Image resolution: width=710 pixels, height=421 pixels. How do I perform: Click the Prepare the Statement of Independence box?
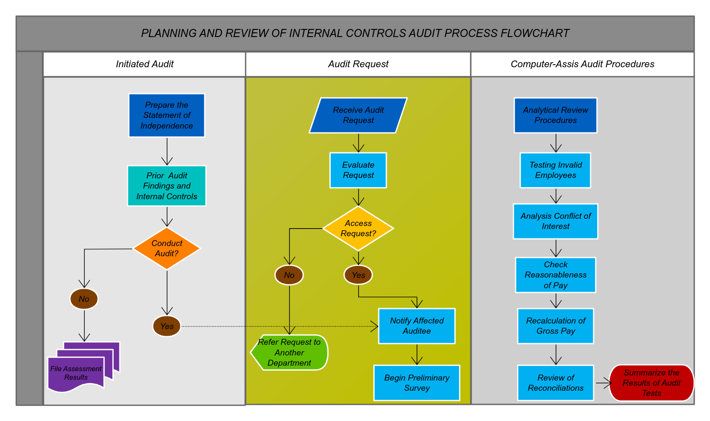[x=166, y=115]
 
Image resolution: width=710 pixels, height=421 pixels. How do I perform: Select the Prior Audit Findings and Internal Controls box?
[x=166, y=186]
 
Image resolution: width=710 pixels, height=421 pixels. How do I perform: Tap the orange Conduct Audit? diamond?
[x=166, y=248]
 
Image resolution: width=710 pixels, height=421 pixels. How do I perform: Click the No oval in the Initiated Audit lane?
[x=84, y=299]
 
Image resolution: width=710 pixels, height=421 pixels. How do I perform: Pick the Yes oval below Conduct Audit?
[x=166, y=326]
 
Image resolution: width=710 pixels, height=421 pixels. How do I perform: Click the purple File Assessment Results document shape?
[x=79, y=370]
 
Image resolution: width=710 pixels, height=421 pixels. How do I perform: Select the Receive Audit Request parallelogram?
[x=358, y=115]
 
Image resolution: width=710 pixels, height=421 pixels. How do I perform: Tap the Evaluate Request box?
[x=358, y=170]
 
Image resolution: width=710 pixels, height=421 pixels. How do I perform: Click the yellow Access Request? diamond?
[x=358, y=229]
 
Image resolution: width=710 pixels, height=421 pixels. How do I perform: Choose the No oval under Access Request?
[x=289, y=275]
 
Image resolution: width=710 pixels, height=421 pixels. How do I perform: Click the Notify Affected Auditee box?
[x=417, y=326]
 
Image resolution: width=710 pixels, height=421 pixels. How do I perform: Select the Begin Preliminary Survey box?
[x=417, y=383]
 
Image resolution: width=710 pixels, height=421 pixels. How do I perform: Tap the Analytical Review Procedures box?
[x=555, y=115]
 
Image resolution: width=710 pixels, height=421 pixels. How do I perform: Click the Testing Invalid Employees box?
[x=555, y=170]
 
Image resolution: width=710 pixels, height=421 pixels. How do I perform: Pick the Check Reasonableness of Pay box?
[x=555, y=275]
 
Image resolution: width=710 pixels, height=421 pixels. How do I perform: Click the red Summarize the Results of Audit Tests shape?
[x=651, y=383]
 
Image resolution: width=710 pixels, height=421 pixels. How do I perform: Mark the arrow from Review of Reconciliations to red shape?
[x=603, y=383]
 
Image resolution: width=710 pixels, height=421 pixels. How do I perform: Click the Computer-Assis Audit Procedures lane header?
[x=582, y=64]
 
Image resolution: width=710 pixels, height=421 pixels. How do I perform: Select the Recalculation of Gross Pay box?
[x=555, y=326]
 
